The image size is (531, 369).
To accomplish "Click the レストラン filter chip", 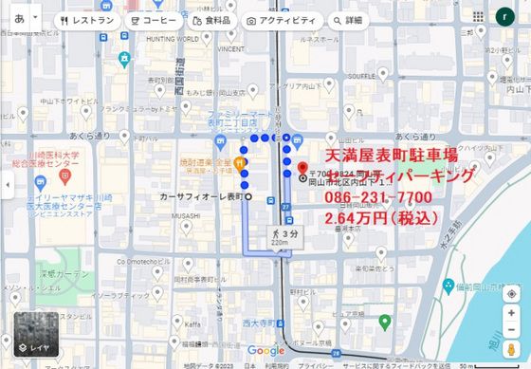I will click(87, 19).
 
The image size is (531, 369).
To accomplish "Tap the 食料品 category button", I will click(211, 19).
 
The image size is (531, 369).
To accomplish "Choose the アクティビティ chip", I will click(281, 19).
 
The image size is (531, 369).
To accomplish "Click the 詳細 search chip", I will click(348, 19).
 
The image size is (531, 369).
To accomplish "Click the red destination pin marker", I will click(303, 165).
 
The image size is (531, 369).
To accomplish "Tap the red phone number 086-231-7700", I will click(378, 197).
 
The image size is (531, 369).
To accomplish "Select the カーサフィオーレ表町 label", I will click(201, 196).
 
